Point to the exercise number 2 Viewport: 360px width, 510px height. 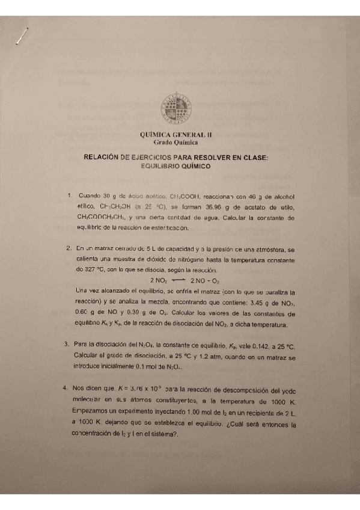[70, 248]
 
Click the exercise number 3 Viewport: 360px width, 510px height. [70, 345]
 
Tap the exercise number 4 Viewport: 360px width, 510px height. [70, 388]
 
